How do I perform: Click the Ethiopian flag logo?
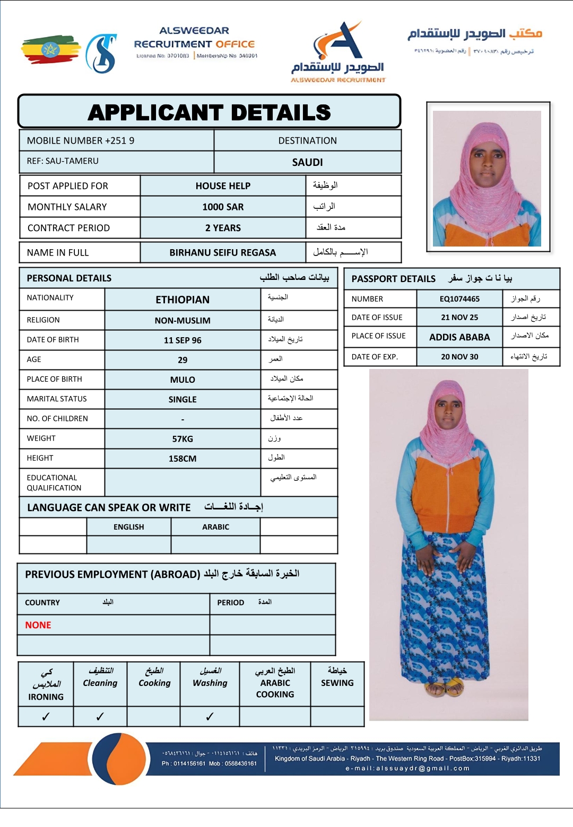pos(50,50)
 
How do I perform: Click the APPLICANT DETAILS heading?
pos(209,112)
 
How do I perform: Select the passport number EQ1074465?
pos(459,299)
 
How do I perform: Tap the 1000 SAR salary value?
pos(223,207)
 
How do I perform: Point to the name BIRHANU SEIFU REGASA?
pos(222,253)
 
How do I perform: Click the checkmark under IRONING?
pos(46,717)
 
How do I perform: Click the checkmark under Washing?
pos(210,717)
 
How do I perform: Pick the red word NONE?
pos(38,625)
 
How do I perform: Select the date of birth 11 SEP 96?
pos(183,340)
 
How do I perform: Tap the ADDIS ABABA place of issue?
pos(459,337)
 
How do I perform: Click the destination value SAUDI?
pos(307,162)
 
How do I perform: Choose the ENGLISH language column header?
pos(128,527)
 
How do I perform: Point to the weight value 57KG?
pos(183,439)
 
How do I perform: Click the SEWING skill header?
pos(337,683)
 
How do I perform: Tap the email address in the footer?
pos(407,768)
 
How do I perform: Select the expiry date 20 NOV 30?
pos(459,357)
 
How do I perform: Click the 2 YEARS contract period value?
pos(223,228)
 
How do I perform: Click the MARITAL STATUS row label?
pos(57,399)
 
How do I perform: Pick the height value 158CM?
pos(183,459)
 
